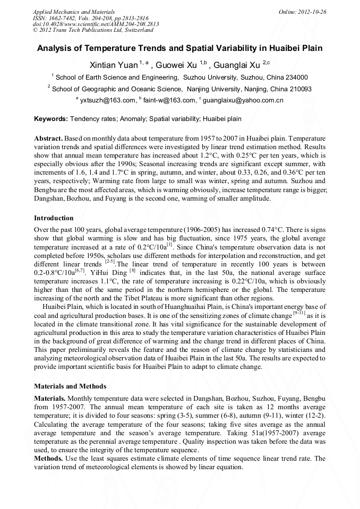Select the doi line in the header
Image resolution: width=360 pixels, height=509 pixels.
(x=96, y=24)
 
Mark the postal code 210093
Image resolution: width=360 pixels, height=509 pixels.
(x=297, y=89)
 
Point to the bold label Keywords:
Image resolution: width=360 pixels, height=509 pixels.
(x=51, y=119)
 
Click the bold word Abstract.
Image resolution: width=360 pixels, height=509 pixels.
(x=48, y=137)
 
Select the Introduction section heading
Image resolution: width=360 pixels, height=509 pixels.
(x=54, y=218)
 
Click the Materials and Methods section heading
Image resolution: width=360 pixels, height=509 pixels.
(x=70, y=386)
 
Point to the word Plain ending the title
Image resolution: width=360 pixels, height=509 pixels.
(x=312, y=48)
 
